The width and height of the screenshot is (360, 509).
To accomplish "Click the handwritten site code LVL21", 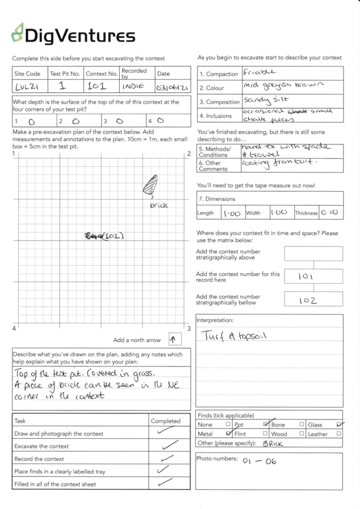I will pos(25,88).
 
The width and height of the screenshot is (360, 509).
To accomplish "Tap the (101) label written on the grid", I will pos(104,235).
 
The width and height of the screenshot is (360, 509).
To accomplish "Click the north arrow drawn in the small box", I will pos(174,339).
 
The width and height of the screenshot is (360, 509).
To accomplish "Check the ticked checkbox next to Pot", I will pos(265,424).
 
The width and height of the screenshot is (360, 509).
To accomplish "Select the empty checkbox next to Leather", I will pos(339,434).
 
